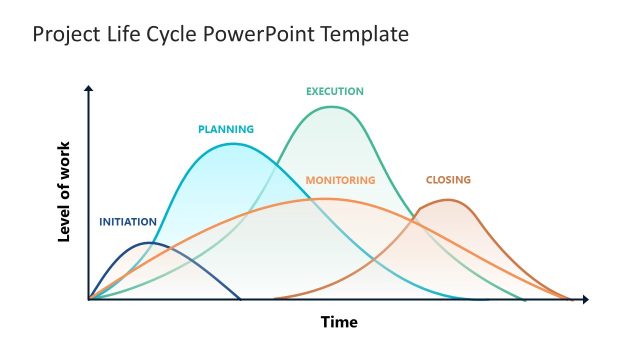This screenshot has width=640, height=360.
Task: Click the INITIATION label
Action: [128, 221]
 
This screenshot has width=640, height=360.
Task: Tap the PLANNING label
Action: [226, 129]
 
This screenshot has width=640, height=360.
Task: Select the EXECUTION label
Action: [335, 91]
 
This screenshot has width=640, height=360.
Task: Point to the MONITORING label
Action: [340, 180]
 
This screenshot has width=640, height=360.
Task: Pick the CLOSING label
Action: [448, 180]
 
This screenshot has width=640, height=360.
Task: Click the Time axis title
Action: [338, 322]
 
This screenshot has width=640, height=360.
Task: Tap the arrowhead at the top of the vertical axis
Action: [89, 89]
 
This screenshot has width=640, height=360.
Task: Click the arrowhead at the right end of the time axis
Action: [585, 299]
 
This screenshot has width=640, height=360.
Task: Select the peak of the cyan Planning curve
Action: [233, 144]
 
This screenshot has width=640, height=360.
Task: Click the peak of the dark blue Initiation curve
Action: [150, 243]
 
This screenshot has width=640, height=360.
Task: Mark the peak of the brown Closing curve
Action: [449, 200]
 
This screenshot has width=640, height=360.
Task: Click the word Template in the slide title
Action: [368, 34]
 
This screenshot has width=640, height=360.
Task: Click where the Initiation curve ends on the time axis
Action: [240, 299]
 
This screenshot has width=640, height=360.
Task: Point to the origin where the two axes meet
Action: [89, 299]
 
